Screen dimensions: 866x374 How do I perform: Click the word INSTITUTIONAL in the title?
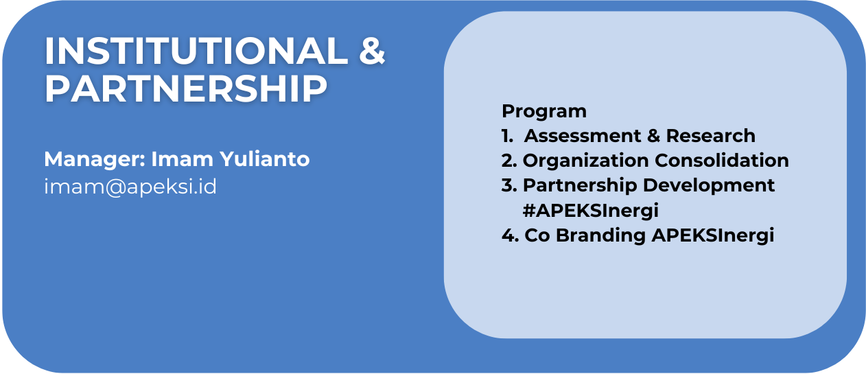(x=196, y=51)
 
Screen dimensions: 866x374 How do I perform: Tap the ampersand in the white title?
(x=372, y=51)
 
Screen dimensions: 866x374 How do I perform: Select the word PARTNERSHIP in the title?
(x=186, y=89)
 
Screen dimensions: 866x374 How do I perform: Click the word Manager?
(x=95, y=160)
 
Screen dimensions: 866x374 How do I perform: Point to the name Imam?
(x=182, y=159)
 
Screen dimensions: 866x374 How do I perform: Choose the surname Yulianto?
(x=265, y=159)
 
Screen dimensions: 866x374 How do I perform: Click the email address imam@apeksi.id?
(x=130, y=187)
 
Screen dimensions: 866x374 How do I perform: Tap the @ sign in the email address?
(x=115, y=187)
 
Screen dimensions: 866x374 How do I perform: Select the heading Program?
(x=544, y=112)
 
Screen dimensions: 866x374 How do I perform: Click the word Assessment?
(x=583, y=136)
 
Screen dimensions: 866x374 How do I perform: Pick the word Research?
(x=711, y=136)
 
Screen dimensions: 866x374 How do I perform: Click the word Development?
(x=709, y=186)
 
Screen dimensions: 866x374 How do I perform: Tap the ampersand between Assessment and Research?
(x=653, y=136)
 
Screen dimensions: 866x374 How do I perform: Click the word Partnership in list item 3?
(x=580, y=186)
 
